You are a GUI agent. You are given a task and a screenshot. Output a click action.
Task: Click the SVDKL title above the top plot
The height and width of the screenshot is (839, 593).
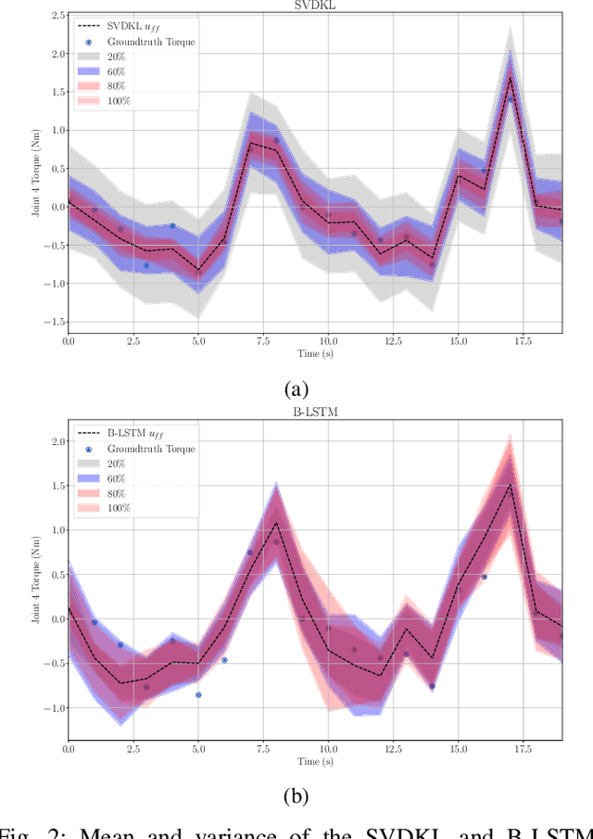tap(315, 5)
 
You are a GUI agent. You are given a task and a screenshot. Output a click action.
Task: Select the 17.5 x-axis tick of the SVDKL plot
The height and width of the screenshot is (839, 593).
tap(522, 341)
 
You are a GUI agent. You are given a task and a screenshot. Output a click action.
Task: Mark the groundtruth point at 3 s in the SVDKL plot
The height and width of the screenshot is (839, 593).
tap(146, 265)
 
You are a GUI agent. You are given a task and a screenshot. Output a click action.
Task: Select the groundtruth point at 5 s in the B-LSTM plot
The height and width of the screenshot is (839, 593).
tap(198, 694)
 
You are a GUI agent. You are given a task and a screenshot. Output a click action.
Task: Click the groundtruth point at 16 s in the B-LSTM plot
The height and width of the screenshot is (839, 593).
tap(484, 577)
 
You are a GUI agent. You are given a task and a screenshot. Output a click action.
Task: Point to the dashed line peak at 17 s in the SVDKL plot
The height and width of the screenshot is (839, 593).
tap(510, 76)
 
